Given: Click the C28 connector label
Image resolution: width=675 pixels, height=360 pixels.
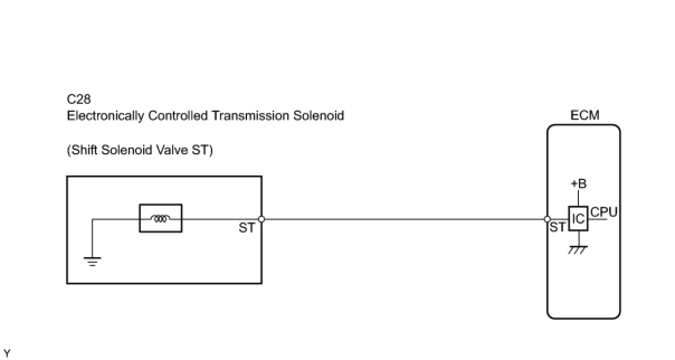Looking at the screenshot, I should tap(79, 100).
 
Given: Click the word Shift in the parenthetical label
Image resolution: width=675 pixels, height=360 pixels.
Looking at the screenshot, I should tap(84, 150).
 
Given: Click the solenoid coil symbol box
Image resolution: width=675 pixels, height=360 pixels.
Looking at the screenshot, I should tap(160, 219).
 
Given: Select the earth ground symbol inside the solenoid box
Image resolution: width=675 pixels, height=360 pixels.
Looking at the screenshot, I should tap(92, 260).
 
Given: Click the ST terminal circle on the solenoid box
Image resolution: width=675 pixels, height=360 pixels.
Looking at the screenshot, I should tap(261, 219).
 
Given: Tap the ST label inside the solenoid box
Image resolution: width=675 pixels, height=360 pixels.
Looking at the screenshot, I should tap(246, 228).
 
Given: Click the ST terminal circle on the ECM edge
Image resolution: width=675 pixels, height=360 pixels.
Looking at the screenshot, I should tap(548, 219).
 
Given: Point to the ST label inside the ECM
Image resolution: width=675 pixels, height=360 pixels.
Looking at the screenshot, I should tap(557, 228).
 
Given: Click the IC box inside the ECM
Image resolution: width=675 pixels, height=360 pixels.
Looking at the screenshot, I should tap(578, 219).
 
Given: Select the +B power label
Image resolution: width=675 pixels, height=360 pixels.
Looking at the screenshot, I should tap(578, 184).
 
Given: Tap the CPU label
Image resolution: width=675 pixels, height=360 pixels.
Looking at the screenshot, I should tap(603, 212).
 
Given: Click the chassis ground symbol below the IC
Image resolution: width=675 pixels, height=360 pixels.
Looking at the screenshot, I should tap(578, 250).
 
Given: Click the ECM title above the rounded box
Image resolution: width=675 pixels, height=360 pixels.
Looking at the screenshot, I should tap(584, 116).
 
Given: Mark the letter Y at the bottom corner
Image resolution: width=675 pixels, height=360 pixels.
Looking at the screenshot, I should tap(7, 353).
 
